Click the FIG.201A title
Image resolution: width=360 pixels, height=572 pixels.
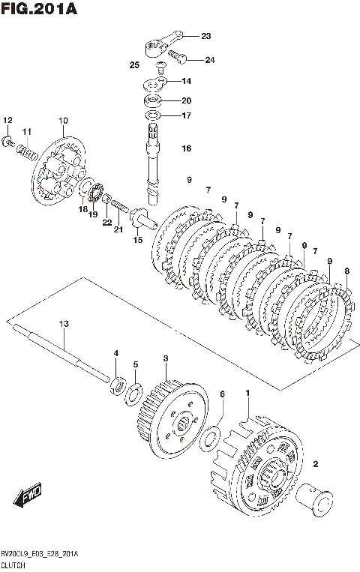click(39, 8)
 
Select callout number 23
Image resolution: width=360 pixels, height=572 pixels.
click(206, 36)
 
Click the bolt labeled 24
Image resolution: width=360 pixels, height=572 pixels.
click(178, 56)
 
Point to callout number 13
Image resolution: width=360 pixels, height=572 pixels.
click(64, 324)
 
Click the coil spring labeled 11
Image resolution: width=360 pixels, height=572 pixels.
click(27, 151)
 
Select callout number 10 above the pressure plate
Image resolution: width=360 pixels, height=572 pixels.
click(63, 121)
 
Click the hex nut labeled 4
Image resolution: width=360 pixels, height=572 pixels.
click(118, 386)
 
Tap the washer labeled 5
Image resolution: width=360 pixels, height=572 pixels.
click(134, 394)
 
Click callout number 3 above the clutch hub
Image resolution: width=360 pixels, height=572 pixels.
click(166, 358)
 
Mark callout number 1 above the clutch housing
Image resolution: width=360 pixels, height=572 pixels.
click(247, 393)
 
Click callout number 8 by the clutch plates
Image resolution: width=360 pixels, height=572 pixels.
click(346, 271)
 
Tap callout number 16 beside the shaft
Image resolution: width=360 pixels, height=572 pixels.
click(187, 148)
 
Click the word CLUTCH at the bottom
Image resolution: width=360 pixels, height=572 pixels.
click(13, 566)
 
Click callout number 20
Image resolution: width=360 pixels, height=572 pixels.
click(187, 100)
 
